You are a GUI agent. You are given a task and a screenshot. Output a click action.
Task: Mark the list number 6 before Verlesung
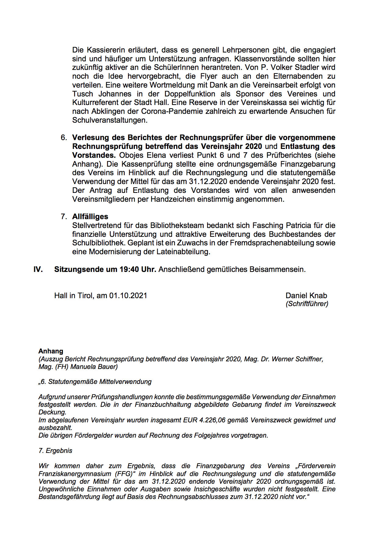click(63, 138)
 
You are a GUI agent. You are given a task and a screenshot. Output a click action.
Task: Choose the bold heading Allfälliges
click(90, 217)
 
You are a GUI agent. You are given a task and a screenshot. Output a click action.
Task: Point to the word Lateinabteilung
click(183, 252)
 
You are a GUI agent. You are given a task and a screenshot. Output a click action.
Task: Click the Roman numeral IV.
click(38, 269)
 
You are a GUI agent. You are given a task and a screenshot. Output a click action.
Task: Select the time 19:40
click(129, 269)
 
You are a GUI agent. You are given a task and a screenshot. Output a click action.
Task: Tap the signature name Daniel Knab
click(306, 296)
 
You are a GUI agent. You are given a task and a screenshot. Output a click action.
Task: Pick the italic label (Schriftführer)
click(307, 304)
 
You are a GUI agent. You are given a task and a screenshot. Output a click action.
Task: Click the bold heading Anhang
click(51, 351)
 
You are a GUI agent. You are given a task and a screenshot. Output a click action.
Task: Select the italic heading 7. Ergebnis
click(55, 451)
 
